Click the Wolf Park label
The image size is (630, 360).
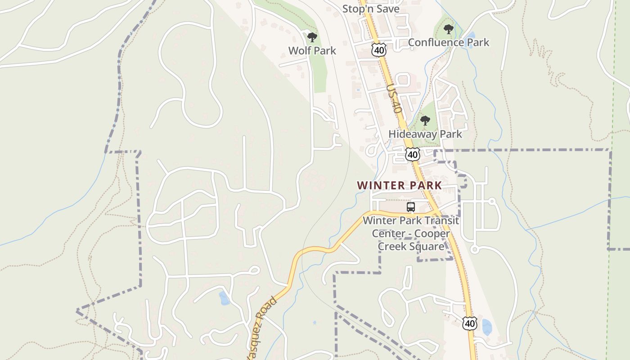(x=312, y=51)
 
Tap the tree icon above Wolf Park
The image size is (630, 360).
(x=312, y=37)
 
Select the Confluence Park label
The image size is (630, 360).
(x=448, y=43)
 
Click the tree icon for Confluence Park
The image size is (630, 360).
(x=448, y=30)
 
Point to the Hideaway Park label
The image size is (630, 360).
(x=425, y=134)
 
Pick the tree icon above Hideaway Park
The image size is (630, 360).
(x=425, y=121)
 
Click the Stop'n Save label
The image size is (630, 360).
(x=371, y=9)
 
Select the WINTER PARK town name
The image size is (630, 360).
(x=399, y=185)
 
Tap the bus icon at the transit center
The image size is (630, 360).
(x=410, y=207)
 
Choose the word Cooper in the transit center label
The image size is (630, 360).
(x=432, y=234)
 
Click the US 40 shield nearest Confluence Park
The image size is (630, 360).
(x=379, y=50)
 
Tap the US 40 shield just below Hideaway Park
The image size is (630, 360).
(x=412, y=155)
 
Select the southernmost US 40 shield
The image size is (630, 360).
(x=469, y=323)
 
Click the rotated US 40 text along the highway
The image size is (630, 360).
(x=394, y=99)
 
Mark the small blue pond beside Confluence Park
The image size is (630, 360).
(x=470, y=36)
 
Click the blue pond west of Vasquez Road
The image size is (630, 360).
(x=224, y=298)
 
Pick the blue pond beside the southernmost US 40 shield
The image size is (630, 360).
(x=486, y=327)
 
